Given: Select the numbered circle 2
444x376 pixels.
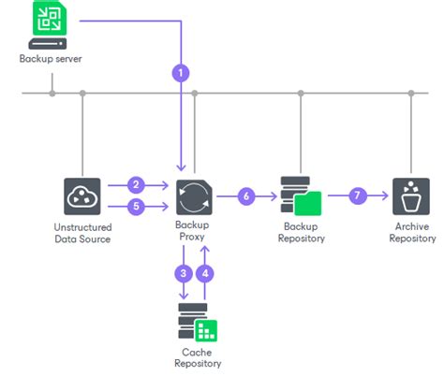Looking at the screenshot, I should (136, 184).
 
